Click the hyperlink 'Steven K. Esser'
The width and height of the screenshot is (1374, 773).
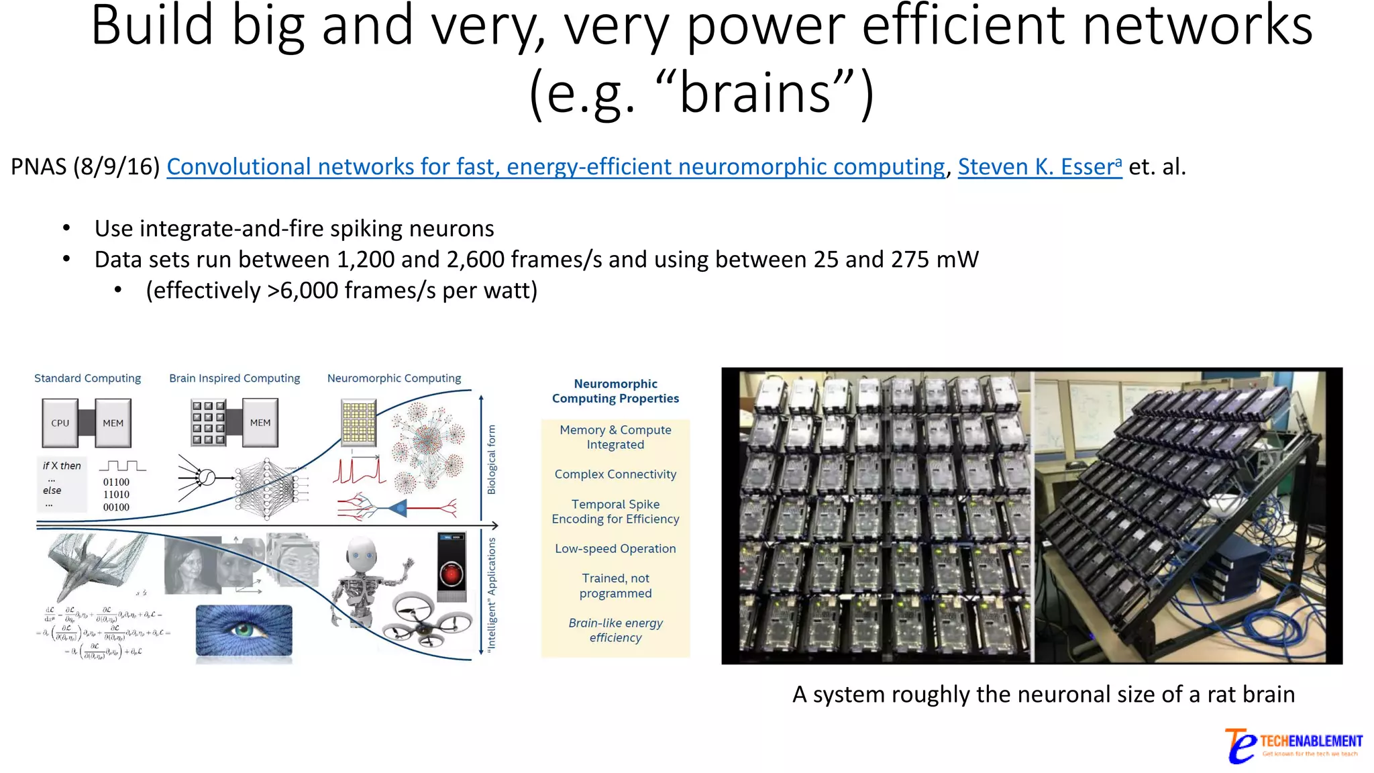tap(1039, 166)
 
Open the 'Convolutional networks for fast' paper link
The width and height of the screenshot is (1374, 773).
tap(556, 166)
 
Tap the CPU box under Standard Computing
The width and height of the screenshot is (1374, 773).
tap(60, 423)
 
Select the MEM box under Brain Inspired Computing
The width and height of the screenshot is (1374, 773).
tap(260, 423)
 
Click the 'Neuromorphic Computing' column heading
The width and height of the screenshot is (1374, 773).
tap(394, 378)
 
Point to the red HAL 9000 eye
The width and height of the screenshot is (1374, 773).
tap(452, 574)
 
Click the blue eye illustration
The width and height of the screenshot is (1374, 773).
tap(244, 630)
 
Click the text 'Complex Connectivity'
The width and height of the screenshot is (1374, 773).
tap(615, 474)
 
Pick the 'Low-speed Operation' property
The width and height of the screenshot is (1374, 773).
tap(615, 549)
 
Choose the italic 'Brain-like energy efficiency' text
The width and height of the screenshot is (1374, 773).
tap(615, 631)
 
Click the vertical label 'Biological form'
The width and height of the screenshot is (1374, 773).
tap(492, 460)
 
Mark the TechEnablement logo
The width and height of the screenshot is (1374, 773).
tap(1293, 745)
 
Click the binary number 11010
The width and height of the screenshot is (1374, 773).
tap(116, 495)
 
